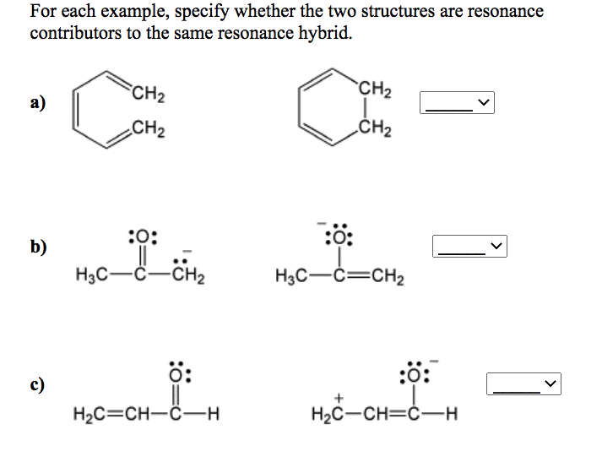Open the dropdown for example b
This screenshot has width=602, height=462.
[x=471, y=247]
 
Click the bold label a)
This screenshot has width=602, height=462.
[x=38, y=104]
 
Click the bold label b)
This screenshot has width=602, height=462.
[x=39, y=247]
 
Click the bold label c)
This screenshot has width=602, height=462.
[x=38, y=385]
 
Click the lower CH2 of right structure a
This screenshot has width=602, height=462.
[x=373, y=129]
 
